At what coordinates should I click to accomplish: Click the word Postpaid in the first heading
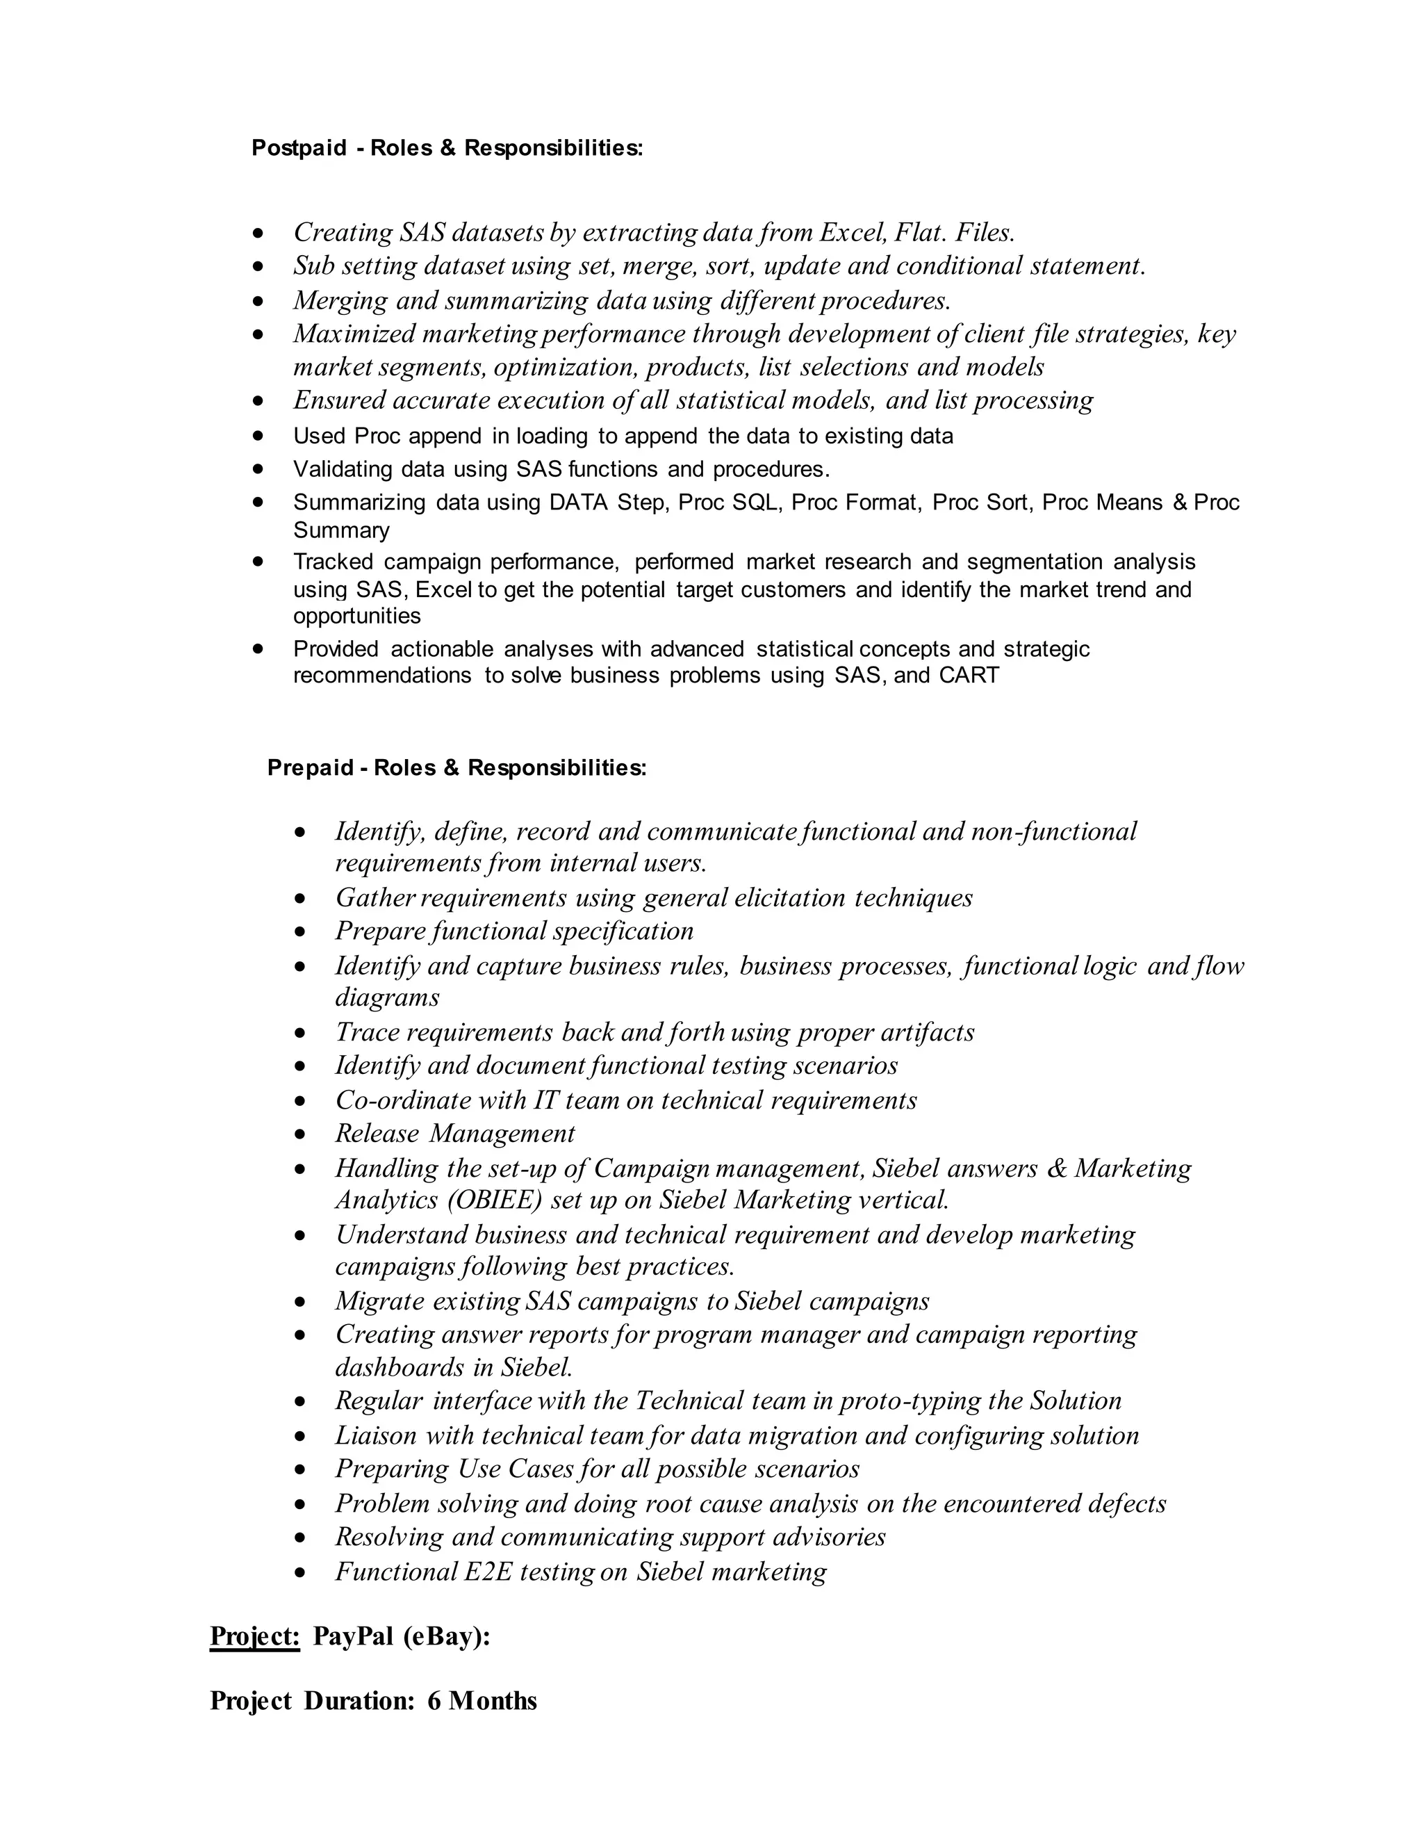click(299, 149)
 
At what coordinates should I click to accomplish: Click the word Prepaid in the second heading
click(310, 768)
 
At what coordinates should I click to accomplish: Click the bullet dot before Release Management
click(300, 1135)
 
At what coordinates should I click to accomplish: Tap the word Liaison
click(376, 1435)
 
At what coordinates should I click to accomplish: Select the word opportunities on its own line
click(356, 617)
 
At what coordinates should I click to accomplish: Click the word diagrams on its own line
click(387, 997)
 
